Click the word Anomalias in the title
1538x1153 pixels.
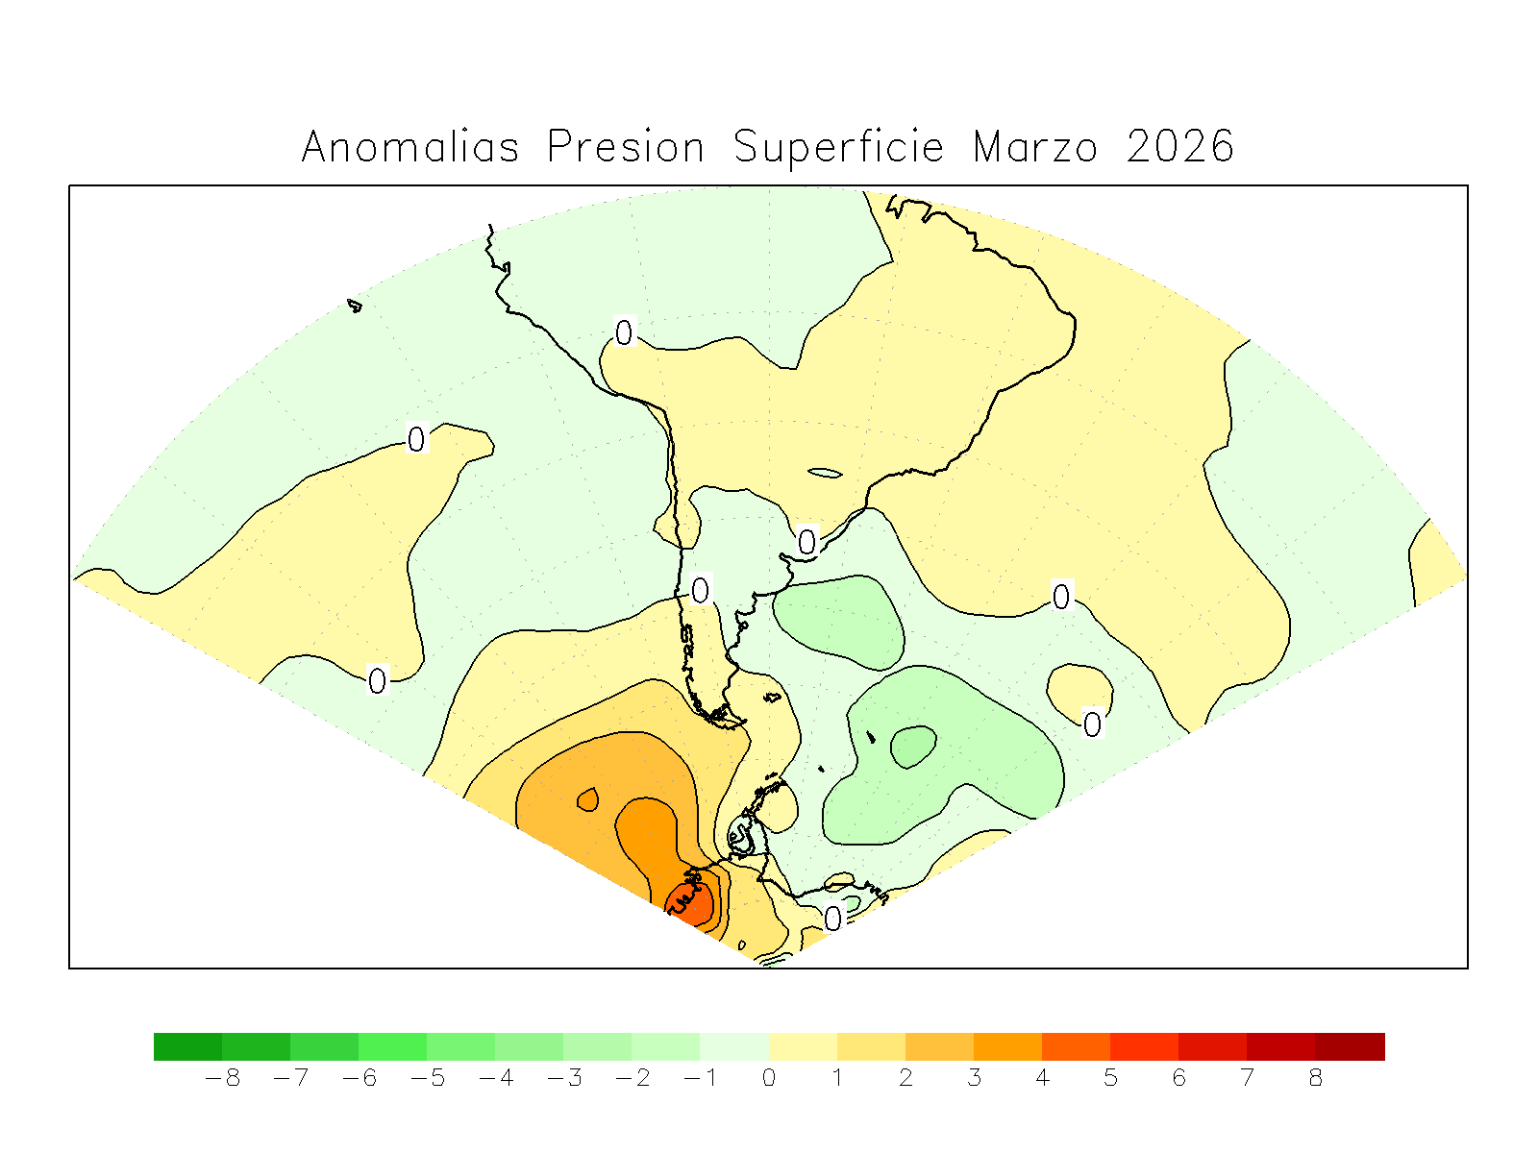(410, 148)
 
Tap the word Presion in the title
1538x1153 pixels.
(626, 148)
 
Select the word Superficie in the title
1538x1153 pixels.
(838, 148)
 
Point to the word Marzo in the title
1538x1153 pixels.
(1034, 148)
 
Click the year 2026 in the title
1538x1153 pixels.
(1180, 148)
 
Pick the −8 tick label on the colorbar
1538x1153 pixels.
(222, 1078)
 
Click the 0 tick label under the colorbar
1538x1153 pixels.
(769, 1078)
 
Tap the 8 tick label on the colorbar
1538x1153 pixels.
(1316, 1078)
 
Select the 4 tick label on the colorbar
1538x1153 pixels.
(1042, 1078)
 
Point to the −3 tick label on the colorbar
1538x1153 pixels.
(564, 1078)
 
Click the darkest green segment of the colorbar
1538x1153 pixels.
(187, 1046)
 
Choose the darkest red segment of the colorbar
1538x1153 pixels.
(1350, 1046)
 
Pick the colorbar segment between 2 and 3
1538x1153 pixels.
(939, 1046)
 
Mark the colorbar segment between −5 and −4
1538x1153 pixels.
(460, 1046)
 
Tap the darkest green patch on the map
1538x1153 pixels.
(913, 746)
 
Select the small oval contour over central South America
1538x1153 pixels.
(825, 472)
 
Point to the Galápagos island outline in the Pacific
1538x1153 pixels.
(355, 307)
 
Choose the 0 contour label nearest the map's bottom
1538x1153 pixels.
(832, 919)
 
